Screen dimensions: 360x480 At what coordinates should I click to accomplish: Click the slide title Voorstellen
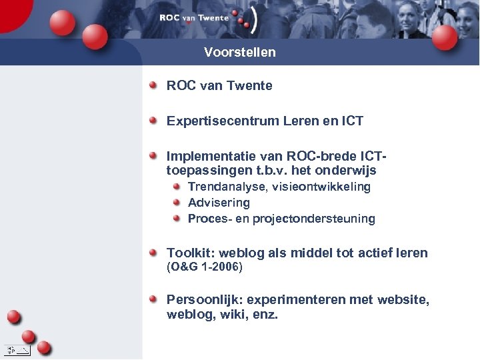pos(239,52)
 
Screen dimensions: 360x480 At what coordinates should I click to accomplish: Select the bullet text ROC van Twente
pos(219,85)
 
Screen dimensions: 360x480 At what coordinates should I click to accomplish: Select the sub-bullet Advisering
pos(219,203)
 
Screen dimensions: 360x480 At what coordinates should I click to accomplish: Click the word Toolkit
pos(188,253)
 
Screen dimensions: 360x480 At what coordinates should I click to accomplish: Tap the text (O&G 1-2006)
pos(204,267)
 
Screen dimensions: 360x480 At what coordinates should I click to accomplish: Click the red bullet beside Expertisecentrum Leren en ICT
pos(153,120)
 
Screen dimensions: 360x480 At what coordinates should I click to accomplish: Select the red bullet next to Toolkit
pos(153,252)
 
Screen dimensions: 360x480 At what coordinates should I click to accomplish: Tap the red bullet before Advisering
pos(177,202)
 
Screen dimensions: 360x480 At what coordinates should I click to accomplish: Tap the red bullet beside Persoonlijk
pos(153,299)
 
